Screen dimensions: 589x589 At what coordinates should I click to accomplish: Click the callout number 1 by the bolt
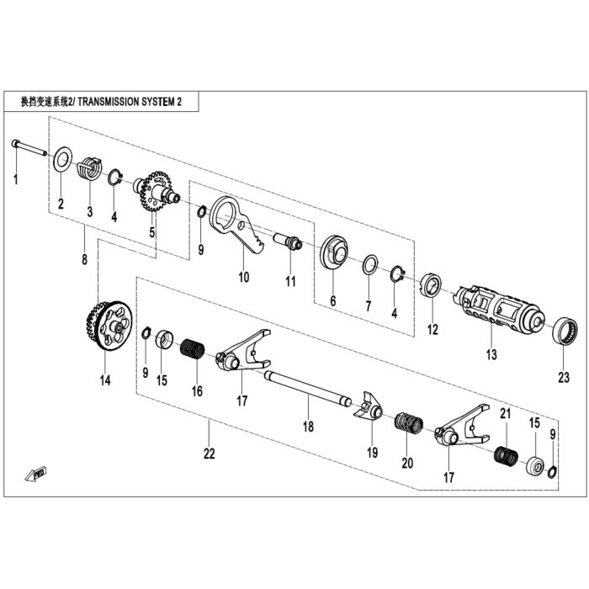(x=16, y=179)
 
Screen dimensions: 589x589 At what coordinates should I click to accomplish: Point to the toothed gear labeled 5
(x=156, y=192)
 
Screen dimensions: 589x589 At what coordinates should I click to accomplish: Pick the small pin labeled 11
(x=289, y=242)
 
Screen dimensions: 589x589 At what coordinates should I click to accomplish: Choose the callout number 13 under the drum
(x=491, y=354)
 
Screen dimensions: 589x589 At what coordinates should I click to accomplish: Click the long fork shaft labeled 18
(x=308, y=389)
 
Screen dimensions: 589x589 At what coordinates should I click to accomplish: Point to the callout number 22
(x=210, y=454)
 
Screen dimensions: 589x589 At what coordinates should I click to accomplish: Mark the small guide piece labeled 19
(x=369, y=409)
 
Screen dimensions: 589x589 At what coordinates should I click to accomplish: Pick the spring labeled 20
(x=409, y=423)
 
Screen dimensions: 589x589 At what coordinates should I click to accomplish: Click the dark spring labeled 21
(x=506, y=456)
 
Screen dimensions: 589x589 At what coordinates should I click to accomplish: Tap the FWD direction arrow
(x=35, y=474)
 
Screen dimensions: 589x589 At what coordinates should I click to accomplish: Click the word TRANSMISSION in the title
(x=108, y=102)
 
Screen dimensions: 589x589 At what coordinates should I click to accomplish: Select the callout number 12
(x=432, y=330)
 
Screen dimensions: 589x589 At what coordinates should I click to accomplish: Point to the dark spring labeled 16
(x=193, y=349)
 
